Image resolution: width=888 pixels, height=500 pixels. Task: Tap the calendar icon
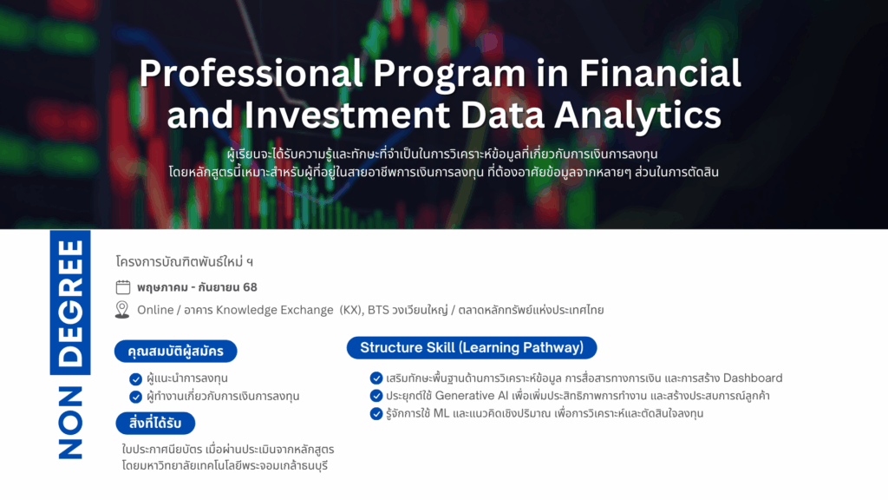tap(123, 287)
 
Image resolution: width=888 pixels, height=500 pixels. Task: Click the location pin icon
tap(122, 310)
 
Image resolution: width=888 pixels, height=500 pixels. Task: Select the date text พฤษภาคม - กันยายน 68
tap(197, 287)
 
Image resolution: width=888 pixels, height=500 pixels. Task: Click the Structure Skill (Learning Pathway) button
tap(472, 348)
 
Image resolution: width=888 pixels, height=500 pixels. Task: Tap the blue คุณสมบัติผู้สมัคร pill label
tap(176, 352)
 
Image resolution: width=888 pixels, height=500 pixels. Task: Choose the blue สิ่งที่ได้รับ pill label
tap(155, 423)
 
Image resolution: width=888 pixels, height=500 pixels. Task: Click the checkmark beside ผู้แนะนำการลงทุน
tap(135, 378)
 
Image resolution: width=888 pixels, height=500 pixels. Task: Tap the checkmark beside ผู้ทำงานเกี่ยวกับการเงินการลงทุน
tap(135, 397)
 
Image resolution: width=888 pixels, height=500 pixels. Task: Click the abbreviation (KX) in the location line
tap(350, 310)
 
